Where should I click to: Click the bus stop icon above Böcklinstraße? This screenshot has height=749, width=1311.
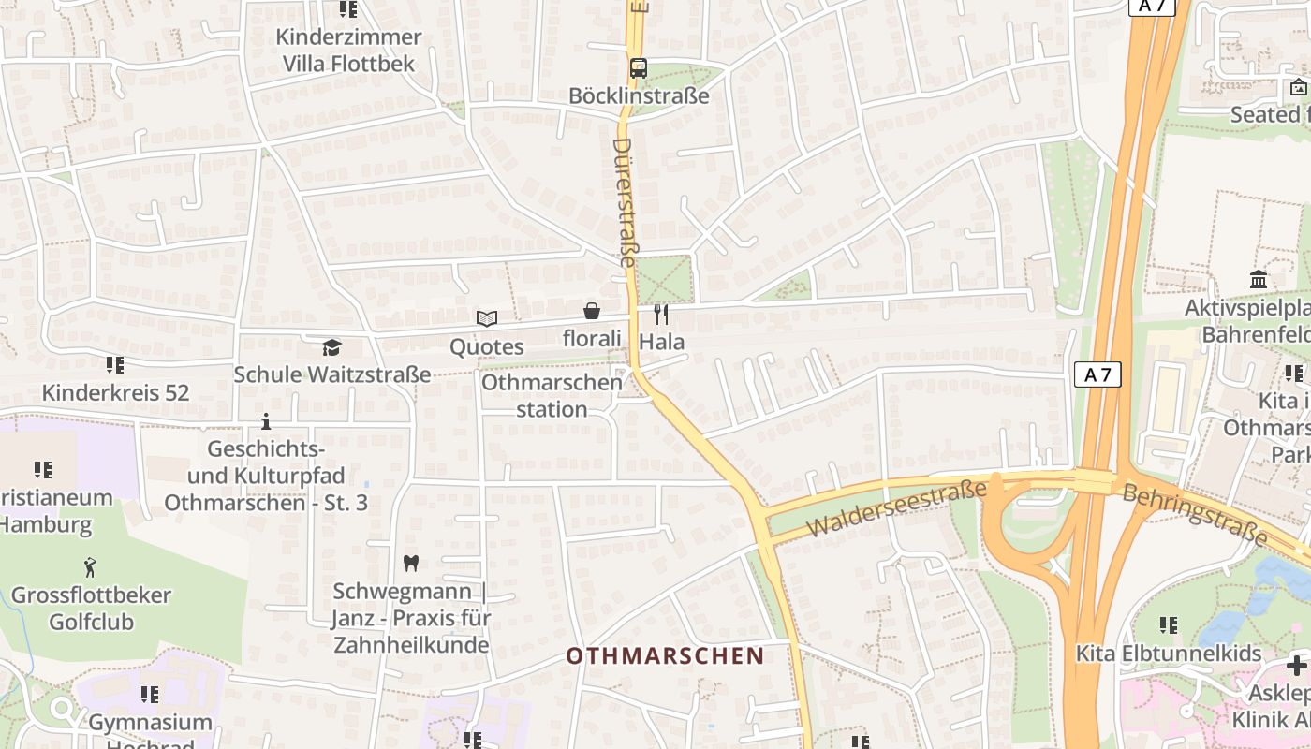pyautogui.click(x=639, y=67)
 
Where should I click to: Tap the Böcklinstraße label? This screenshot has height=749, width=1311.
pyautogui.click(x=639, y=95)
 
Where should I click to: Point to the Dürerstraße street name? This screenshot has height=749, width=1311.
pyautogui.click(x=624, y=201)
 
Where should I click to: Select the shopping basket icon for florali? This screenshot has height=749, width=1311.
pyautogui.click(x=592, y=311)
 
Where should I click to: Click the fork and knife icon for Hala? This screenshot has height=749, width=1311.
pyautogui.click(x=661, y=314)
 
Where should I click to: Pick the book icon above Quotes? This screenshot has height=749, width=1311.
pyautogui.click(x=486, y=318)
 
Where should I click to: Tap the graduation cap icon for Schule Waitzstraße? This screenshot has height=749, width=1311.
pyautogui.click(x=331, y=347)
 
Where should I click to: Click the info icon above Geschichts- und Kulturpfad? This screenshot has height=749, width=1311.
pyautogui.click(x=266, y=421)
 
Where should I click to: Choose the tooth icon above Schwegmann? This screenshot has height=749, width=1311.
pyautogui.click(x=409, y=563)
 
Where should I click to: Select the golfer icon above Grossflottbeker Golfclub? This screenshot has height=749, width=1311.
pyautogui.click(x=90, y=566)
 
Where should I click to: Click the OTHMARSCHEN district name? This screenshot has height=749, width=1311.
pyautogui.click(x=665, y=655)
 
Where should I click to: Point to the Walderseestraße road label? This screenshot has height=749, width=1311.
pyautogui.click(x=896, y=508)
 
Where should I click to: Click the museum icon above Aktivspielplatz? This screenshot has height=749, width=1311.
pyautogui.click(x=1259, y=279)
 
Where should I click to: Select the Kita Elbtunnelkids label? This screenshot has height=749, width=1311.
pyautogui.click(x=1169, y=653)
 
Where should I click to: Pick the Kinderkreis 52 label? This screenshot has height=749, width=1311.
pyautogui.click(x=115, y=392)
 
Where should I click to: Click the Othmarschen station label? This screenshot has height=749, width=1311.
pyautogui.click(x=552, y=396)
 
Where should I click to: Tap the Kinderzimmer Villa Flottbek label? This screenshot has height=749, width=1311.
pyautogui.click(x=348, y=51)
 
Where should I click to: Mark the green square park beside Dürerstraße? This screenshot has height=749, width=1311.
pyautogui.click(x=664, y=278)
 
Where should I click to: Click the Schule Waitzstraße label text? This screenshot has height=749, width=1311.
pyautogui.click(x=331, y=374)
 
